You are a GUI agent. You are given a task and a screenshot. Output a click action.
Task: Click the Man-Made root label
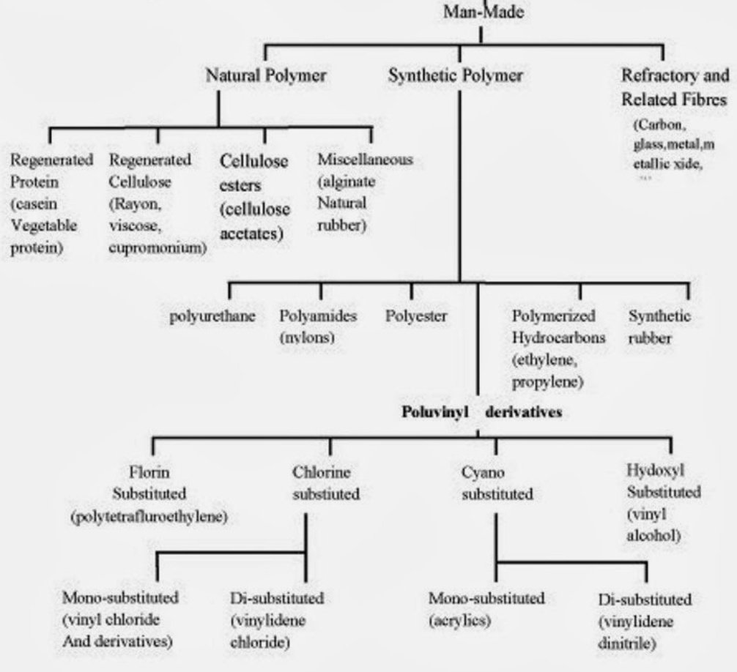point(480,13)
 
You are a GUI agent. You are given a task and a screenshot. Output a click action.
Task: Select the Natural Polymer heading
point(265,75)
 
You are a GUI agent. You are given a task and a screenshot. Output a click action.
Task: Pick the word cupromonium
point(158,247)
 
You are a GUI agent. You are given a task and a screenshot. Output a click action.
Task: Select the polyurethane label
point(212,317)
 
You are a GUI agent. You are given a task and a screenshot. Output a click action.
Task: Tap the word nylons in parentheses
point(307,338)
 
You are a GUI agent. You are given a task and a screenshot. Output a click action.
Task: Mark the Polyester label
point(416,317)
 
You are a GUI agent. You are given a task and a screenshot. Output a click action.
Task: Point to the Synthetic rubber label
point(659,327)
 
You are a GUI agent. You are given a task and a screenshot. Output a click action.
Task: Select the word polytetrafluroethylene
point(149,517)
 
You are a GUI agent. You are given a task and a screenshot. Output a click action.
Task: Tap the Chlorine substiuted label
point(326,483)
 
